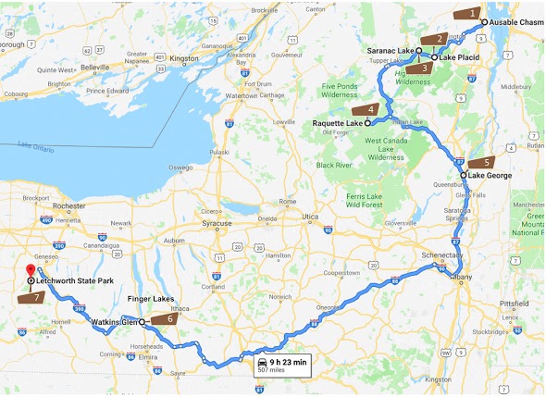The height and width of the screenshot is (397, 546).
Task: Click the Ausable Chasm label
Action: pos(517,20)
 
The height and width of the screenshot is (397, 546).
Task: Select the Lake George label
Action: pos(490,174)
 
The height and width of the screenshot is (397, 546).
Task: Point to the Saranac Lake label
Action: pos(389,50)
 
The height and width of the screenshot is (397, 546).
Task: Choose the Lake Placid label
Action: pos(459,57)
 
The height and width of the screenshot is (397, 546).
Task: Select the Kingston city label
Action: pos(184,58)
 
